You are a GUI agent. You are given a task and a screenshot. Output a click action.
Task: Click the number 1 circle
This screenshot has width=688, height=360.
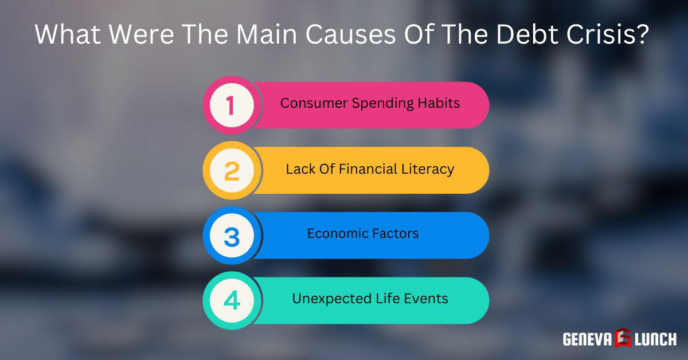click(230, 105)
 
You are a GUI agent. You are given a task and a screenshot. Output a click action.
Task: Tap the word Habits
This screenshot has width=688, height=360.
click(442, 104)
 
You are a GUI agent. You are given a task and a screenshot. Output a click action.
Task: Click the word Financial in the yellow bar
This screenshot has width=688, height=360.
click(365, 169)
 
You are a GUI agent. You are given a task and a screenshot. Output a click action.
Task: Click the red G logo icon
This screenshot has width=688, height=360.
click(623, 339)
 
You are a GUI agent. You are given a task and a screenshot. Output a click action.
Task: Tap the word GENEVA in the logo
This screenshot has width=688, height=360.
click(588, 339)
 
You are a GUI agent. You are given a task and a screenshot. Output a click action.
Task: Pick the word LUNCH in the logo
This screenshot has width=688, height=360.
click(655, 339)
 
